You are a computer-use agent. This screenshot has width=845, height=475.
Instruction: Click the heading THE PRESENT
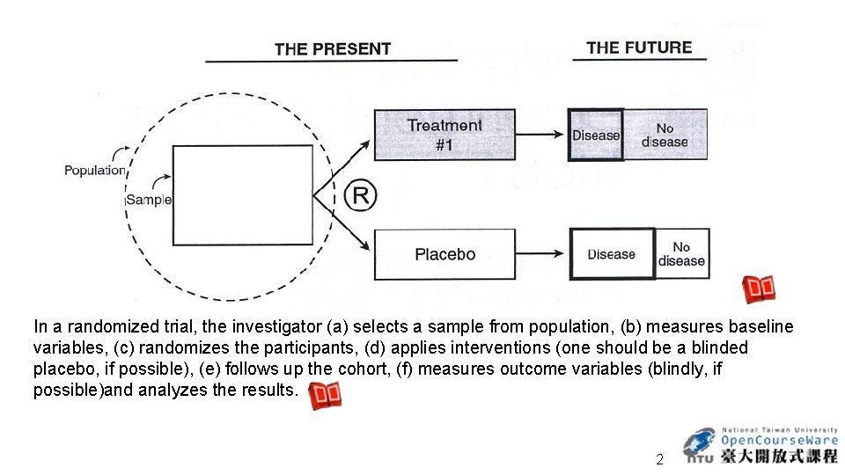(332, 49)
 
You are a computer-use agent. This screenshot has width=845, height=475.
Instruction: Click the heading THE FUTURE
(639, 47)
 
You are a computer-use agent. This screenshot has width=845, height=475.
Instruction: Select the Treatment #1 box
(445, 135)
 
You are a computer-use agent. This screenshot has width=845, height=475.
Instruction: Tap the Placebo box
(445, 254)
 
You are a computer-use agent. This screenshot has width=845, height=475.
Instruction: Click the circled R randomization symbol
(360, 194)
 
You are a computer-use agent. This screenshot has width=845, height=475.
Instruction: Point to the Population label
(94, 170)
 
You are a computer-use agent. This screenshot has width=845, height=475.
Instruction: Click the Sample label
(148, 200)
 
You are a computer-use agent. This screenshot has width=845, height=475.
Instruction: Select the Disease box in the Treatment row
(596, 135)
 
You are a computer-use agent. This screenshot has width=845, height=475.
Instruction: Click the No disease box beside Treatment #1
(665, 135)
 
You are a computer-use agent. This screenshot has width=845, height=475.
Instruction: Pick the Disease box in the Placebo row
(612, 254)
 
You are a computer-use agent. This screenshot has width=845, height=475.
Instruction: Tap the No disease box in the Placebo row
(682, 254)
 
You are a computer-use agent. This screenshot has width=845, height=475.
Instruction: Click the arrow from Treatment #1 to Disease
(540, 135)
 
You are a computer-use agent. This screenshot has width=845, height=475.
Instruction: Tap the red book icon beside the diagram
(760, 289)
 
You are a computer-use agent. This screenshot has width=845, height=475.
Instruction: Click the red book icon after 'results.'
(326, 395)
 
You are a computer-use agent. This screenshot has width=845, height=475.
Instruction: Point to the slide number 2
(659, 459)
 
